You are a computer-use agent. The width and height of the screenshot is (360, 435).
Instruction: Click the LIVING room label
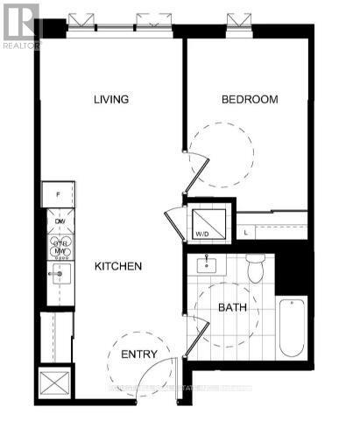111,100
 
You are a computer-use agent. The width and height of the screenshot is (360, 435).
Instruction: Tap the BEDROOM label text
250,100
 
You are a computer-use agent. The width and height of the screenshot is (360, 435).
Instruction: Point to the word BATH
232,308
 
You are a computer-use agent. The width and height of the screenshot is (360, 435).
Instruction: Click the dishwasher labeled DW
59,222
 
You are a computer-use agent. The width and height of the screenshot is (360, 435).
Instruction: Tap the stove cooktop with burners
59,246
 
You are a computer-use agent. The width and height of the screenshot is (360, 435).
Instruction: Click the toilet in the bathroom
256,270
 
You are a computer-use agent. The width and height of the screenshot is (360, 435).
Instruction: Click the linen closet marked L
248,232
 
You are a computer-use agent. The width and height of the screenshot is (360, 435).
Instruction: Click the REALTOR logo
21,25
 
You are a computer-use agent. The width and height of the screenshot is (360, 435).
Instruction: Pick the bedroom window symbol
235,21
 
